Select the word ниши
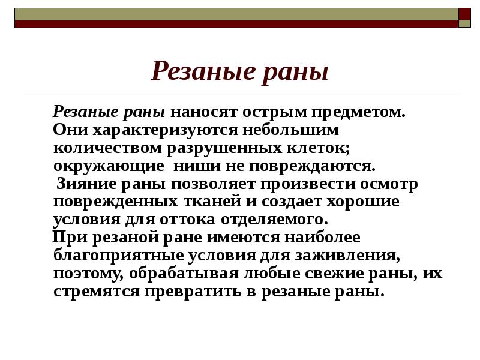(188, 166)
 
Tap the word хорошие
(365, 202)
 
